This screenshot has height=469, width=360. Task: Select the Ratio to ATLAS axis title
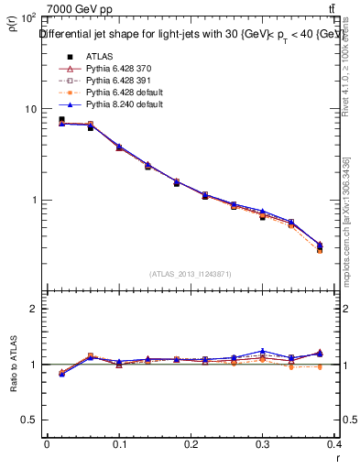click(x=14, y=365)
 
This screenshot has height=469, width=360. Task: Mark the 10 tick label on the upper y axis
click(x=30, y=109)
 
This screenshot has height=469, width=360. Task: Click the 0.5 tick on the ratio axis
click(x=28, y=420)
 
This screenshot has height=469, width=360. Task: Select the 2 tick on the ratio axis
click(x=33, y=309)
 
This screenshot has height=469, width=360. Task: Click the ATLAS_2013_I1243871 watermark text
click(x=192, y=274)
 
